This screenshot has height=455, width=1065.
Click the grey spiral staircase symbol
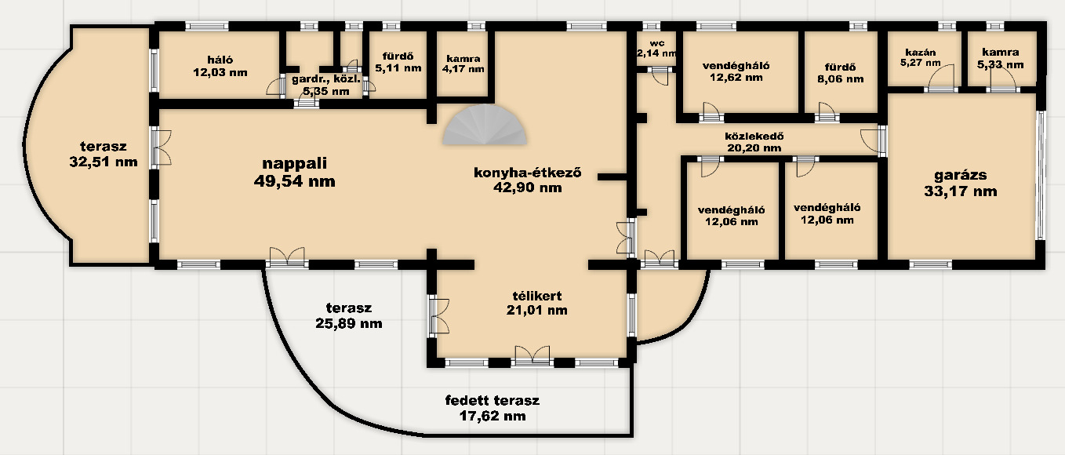pyautogui.click(x=485, y=125)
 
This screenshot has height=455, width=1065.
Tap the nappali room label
pyautogui.click(x=295, y=164)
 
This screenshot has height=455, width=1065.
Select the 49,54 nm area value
pyautogui.click(x=294, y=181)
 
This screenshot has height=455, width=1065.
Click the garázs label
pyautogui.click(x=961, y=176)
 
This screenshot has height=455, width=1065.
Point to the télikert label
pyautogui.click(x=536, y=296)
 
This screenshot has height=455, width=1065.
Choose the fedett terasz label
pyautogui.click(x=492, y=400)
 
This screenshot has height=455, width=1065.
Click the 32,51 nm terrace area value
pyautogui.click(x=104, y=162)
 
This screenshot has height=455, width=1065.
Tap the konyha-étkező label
pyautogui.click(x=527, y=172)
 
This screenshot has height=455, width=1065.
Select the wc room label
pyautogui.click(x=656, y=44)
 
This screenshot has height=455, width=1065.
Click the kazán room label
pyautogui.click(x=921, y=53)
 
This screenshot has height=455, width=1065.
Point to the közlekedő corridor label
pyautogui.click(x=754, y=136)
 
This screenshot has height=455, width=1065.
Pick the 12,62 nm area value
pyautogui.click(x=736, y=78)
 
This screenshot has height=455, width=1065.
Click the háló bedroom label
pyautogui.click(x=220, y=60)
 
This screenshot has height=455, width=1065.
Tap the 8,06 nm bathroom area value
pyautogui.click(x=841, y=79)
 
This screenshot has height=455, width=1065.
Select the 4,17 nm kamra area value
pyautogui.click(x=463, y=69)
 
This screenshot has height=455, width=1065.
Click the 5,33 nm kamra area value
pyautogui.click(x=1001, y=64)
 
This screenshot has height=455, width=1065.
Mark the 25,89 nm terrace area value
pyautogui.click(x=348, y=324)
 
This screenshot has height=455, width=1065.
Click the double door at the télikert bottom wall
pyautogui.click(x=532, y=356)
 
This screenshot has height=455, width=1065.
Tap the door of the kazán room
pyautogui.click(x=941, y=79)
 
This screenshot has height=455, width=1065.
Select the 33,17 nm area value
pyautogui.click(x=961, y=191)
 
